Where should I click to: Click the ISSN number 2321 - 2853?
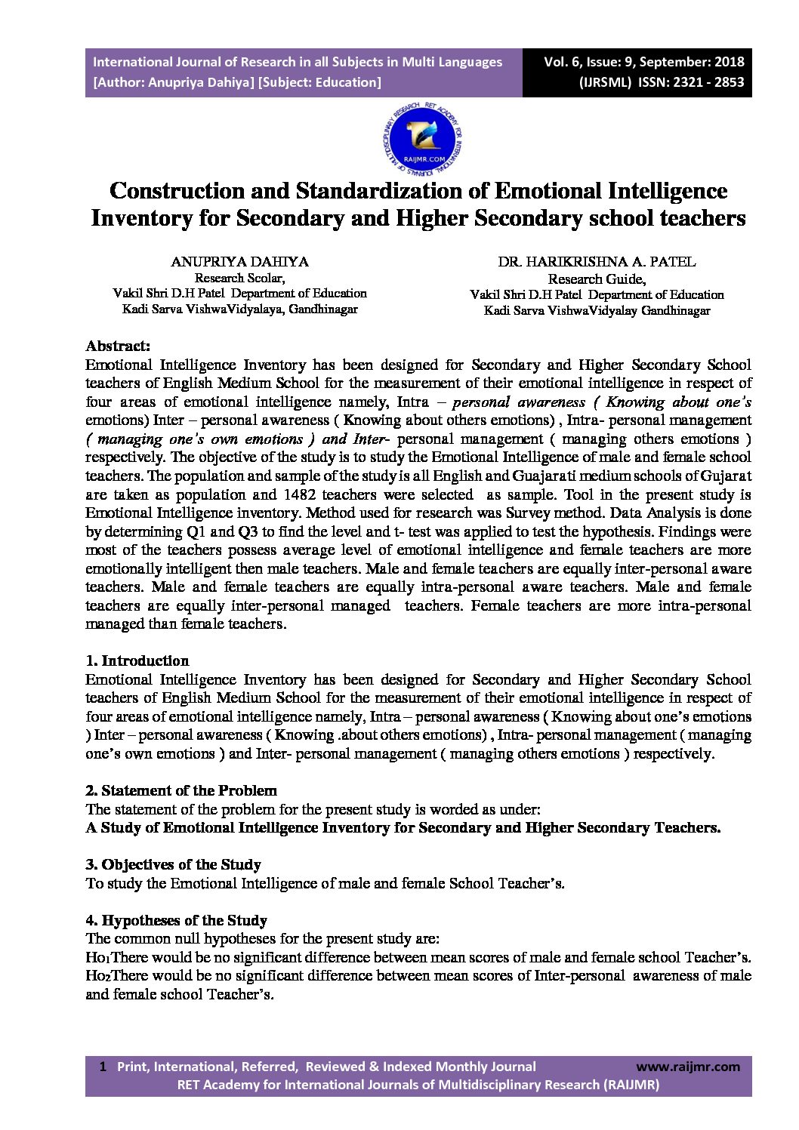tap(706, 82)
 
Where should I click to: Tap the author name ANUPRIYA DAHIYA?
tap(239, 262)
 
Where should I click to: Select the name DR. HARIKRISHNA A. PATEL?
tap(597, 262)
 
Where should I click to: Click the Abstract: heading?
tap(118, 346)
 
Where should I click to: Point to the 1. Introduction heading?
tap(137, 661)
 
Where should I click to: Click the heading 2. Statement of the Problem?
tap(181, 791)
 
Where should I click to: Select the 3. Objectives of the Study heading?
tap(173, 865)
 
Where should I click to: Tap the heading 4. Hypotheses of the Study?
tap(176, 921)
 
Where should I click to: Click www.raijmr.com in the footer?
tap(688, 1067)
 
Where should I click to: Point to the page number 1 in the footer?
tap(102, 1067)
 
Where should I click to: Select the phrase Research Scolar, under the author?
tap(239, 278)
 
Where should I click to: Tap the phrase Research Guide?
tap(597, 279)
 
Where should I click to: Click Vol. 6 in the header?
tap(563, 62)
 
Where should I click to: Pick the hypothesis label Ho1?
tap(97, 958)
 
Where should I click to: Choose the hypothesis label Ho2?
tap(97, 976)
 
